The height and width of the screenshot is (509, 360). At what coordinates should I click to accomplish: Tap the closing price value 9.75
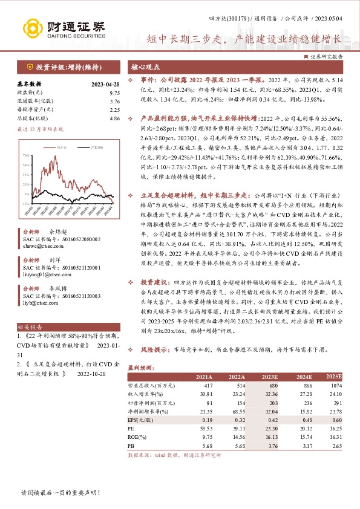click(115, 92)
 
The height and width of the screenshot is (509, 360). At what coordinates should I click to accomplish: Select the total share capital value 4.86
click(115, 120)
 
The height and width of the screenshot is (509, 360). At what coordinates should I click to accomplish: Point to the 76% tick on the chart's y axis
click(27, 156)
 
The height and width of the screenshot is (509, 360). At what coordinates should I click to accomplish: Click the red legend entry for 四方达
click(61, 147)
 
